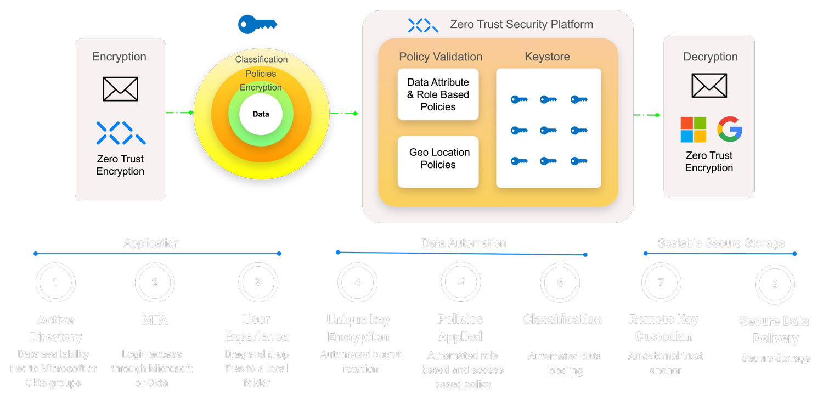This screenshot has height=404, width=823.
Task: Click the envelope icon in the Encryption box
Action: click(x=120, y=89)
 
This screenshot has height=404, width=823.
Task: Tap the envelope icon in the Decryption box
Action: click(x=709, y=86)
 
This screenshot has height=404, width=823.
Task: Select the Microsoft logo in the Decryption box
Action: click(x=694, y=130)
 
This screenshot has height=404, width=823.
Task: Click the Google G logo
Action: click(x=730, y=130)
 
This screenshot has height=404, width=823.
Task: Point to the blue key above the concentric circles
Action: click(x=257, y=24)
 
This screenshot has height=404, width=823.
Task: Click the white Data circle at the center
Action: click(x=261, y=114)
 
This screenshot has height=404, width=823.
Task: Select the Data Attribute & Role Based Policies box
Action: click(x=438, y=94)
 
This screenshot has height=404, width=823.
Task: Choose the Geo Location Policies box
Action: click(x=438, y=159)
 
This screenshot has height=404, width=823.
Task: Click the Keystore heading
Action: click(x=547, y=57)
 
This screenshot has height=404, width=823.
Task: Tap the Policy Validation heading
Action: click(x=441, y=57)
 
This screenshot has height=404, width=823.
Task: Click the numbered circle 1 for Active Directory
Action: click(x=55, y=283)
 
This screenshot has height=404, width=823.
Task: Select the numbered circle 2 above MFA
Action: click(x=155, y=283)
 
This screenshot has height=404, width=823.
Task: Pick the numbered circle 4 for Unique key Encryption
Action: click(x=358, y=283)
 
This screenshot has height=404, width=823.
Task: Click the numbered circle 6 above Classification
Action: click(x=560, y=283)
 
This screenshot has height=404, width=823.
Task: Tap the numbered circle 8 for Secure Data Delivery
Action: click(x=775, y=284)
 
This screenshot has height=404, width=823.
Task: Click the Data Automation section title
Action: click(x=464, y=243)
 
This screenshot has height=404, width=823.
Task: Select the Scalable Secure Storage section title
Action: click(x=721, y=243)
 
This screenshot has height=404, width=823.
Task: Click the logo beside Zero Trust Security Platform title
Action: click(x=423, y=25)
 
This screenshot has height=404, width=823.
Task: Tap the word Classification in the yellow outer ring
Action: click(x=261, y=59)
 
